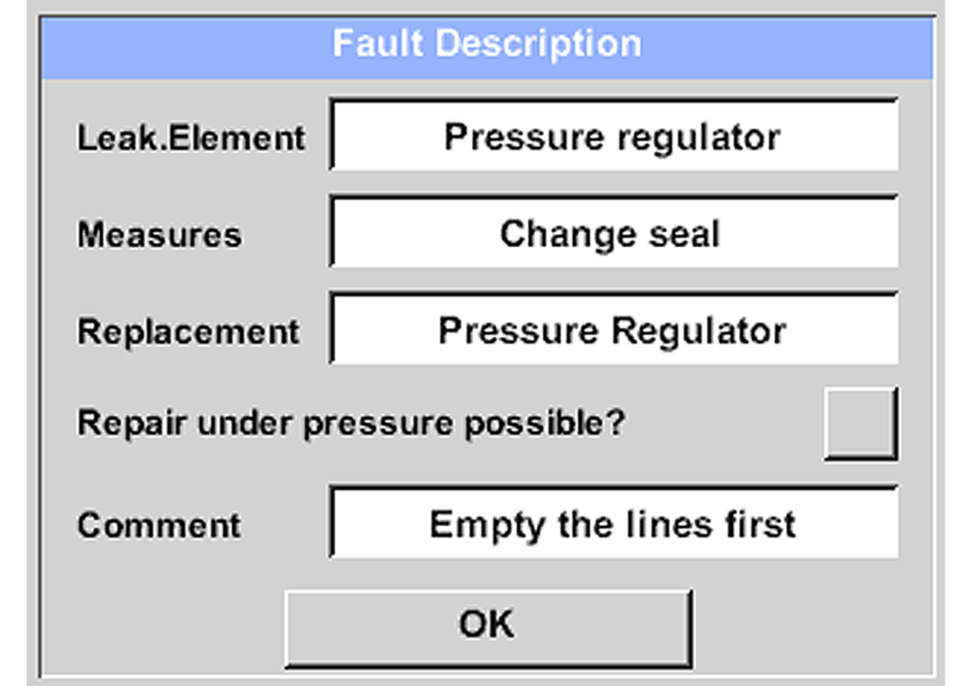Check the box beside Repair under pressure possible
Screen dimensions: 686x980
coord(860,423)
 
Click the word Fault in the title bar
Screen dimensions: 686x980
coord(378,44)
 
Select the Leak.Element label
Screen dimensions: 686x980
coord(191,138)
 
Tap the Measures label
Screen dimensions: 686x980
coord(159,235)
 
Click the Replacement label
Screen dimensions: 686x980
coord(189,332)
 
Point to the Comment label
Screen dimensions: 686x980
coord(159,526)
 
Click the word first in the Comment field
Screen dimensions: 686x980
coord(759,525)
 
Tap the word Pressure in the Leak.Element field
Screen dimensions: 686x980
coord(524,137)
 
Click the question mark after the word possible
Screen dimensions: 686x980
coord(616,423)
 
